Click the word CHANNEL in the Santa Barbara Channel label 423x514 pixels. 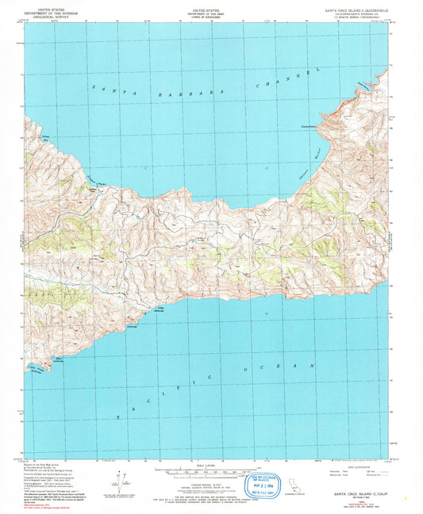pyautogui.click(x=288, y=78)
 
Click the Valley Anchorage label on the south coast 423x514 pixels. pyautogui.click(x=159, y=310)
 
